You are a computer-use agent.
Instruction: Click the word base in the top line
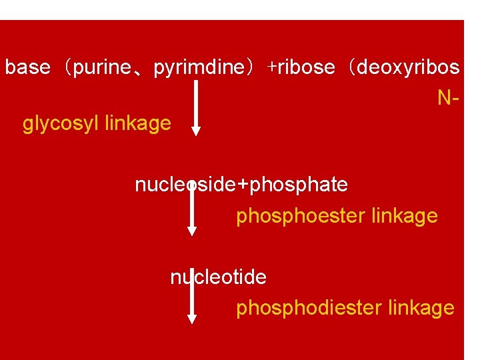pyautogui.click(x=27, y=67)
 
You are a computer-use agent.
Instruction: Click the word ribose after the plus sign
pyautogui.click(x=306, y=67)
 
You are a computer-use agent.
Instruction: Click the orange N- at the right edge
pyautogui.click(x=448, y=98)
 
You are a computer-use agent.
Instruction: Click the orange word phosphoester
pyautogui.click(x=293, y=216)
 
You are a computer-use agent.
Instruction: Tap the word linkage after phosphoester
pyautogui.click(x=405, y=216)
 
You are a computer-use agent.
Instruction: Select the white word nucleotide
pyautogui.click(x=219, y=277)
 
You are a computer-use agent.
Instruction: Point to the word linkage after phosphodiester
pyautogui.click(x=421, y=308)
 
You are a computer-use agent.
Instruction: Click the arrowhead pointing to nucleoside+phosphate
pyautogui.click(x=196, y=131)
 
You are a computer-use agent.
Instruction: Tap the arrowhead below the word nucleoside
pyautogui.click(x=192, y=231)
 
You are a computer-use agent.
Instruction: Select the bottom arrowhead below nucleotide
pyautogui.click(x=192, y=319)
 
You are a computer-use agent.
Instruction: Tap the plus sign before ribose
pyautogui.click(x=272, y=67)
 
